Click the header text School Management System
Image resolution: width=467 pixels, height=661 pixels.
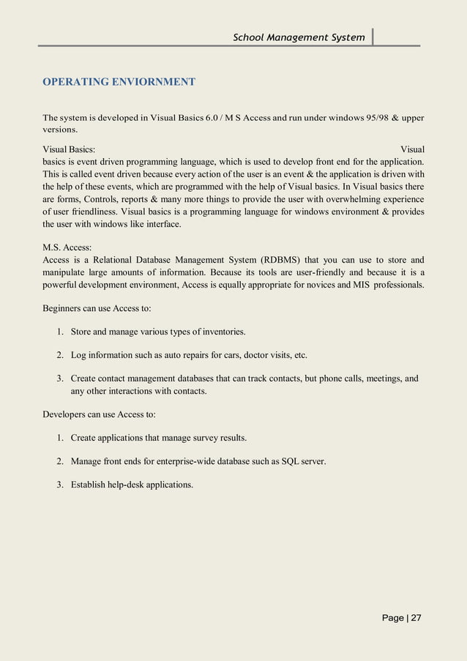click(x=299, y=37)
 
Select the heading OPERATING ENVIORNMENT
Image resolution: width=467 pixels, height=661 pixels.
click(x=119, y=81)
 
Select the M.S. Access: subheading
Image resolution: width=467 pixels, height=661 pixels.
click(x=67, y=247)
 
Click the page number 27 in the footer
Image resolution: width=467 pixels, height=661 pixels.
click(x=416, y=618)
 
